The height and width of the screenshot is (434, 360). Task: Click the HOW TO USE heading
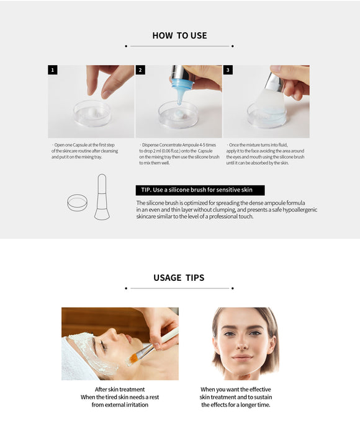[x=179, y=35]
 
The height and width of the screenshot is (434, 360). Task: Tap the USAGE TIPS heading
[x=179, y=278]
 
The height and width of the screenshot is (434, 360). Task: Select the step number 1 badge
[x=53, y=69]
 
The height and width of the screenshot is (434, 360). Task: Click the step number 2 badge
[x=140, y=69]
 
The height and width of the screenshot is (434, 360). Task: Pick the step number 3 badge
[x=228, y=69]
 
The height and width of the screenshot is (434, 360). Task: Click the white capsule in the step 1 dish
[x=91, y=112]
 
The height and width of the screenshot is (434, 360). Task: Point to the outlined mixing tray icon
[x=78, y=203]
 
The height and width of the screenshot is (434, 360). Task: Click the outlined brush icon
[x=102, y=197]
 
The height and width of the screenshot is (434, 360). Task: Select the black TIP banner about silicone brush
[x=200, y=190]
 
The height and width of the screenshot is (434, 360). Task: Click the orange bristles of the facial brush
[x=134, y=358]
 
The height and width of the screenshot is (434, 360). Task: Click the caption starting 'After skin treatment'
[x=120, y=397]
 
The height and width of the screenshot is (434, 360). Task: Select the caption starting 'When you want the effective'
[x=236, y=397]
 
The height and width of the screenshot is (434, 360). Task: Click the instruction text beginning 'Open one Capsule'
[x=85, y=151]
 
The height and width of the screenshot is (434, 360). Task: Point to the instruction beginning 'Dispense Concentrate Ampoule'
[x=179, y=154]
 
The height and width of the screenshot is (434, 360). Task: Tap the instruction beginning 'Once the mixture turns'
[x=265, y=154]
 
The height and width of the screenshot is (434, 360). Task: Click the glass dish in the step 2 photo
[x=178, y=115]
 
